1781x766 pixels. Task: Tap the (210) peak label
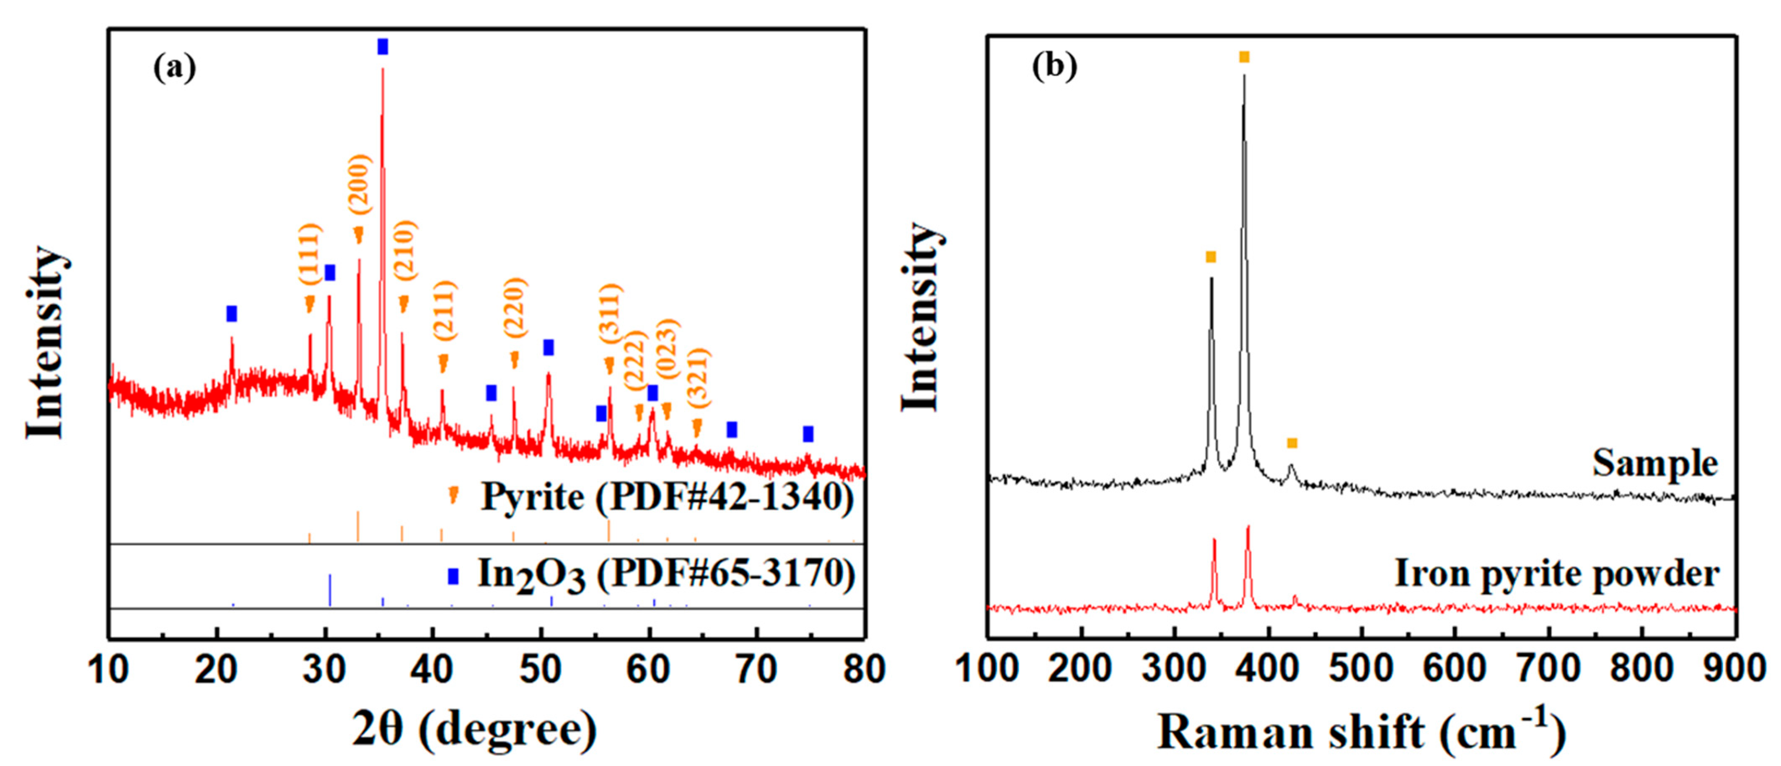[405, 250]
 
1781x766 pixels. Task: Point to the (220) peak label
[515, 307]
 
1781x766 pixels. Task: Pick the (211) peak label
[445, 311]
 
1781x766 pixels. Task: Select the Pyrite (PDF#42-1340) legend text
[667, 497]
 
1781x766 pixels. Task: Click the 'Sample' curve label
[1654, 463]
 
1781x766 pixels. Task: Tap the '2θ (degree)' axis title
[474, 731]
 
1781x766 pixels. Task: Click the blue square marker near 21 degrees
[232, 314]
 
